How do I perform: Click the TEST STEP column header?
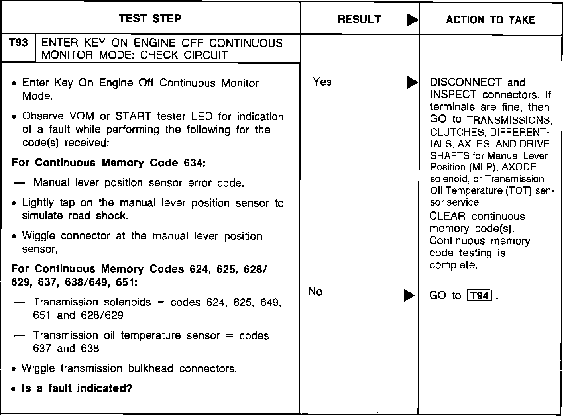click(x=150, y=19)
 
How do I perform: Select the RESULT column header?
click(x=359, y=20)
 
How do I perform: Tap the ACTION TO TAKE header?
click(x=490, y=20)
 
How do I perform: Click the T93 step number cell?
click(x=18, y=43)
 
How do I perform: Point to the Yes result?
click(x=322, y=82)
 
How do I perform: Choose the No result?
click(x=315, y=292)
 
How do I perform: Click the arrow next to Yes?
click(x=412, y=83)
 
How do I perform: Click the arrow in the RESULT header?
click(x=413, y=20)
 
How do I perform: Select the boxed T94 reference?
click(x=479, y=296)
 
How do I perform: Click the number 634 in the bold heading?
click(x=195, y=163)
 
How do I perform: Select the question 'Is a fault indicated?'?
click(x=77, y=388)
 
